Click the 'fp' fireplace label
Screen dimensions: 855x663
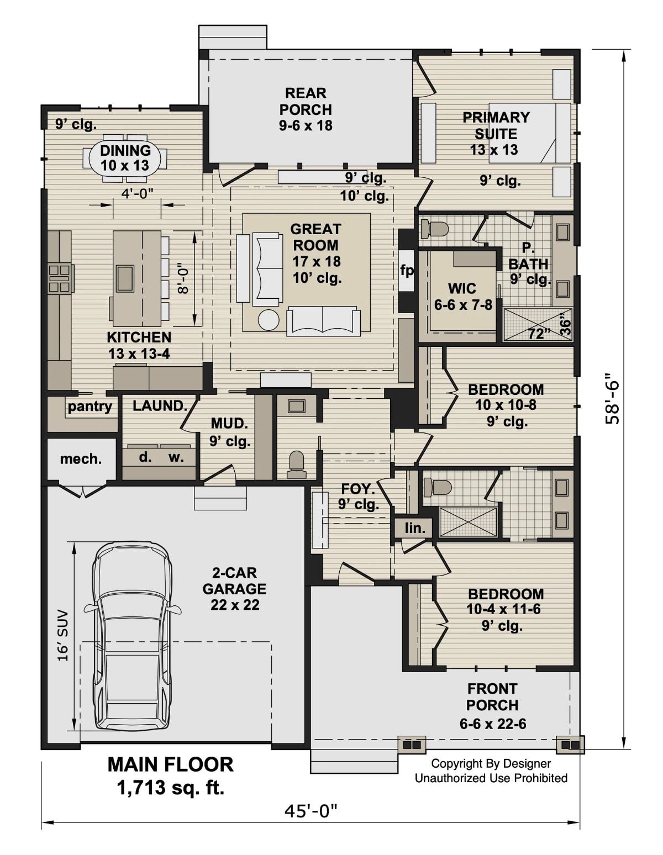coord(407,271)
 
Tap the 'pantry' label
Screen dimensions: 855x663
coord(90,407)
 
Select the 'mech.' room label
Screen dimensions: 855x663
coord(81,459)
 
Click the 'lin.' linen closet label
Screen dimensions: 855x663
coord(414,528)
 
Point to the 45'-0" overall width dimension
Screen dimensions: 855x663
coord(311,810)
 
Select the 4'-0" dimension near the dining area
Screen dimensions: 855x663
coord(137,193)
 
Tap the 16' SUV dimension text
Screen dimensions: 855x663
coord(62,635)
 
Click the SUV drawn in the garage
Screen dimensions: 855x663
coord(131,635)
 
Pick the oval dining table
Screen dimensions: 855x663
coord(125,157)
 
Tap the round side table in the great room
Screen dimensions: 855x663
coord(269,320)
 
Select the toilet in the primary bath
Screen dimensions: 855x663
coord(435,228)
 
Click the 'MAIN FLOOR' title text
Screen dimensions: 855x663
coord(170,764)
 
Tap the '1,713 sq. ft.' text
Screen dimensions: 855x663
coord(170,788)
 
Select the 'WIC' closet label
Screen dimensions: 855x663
coord(462,288)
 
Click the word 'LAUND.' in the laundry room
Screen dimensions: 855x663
coord(159,405)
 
